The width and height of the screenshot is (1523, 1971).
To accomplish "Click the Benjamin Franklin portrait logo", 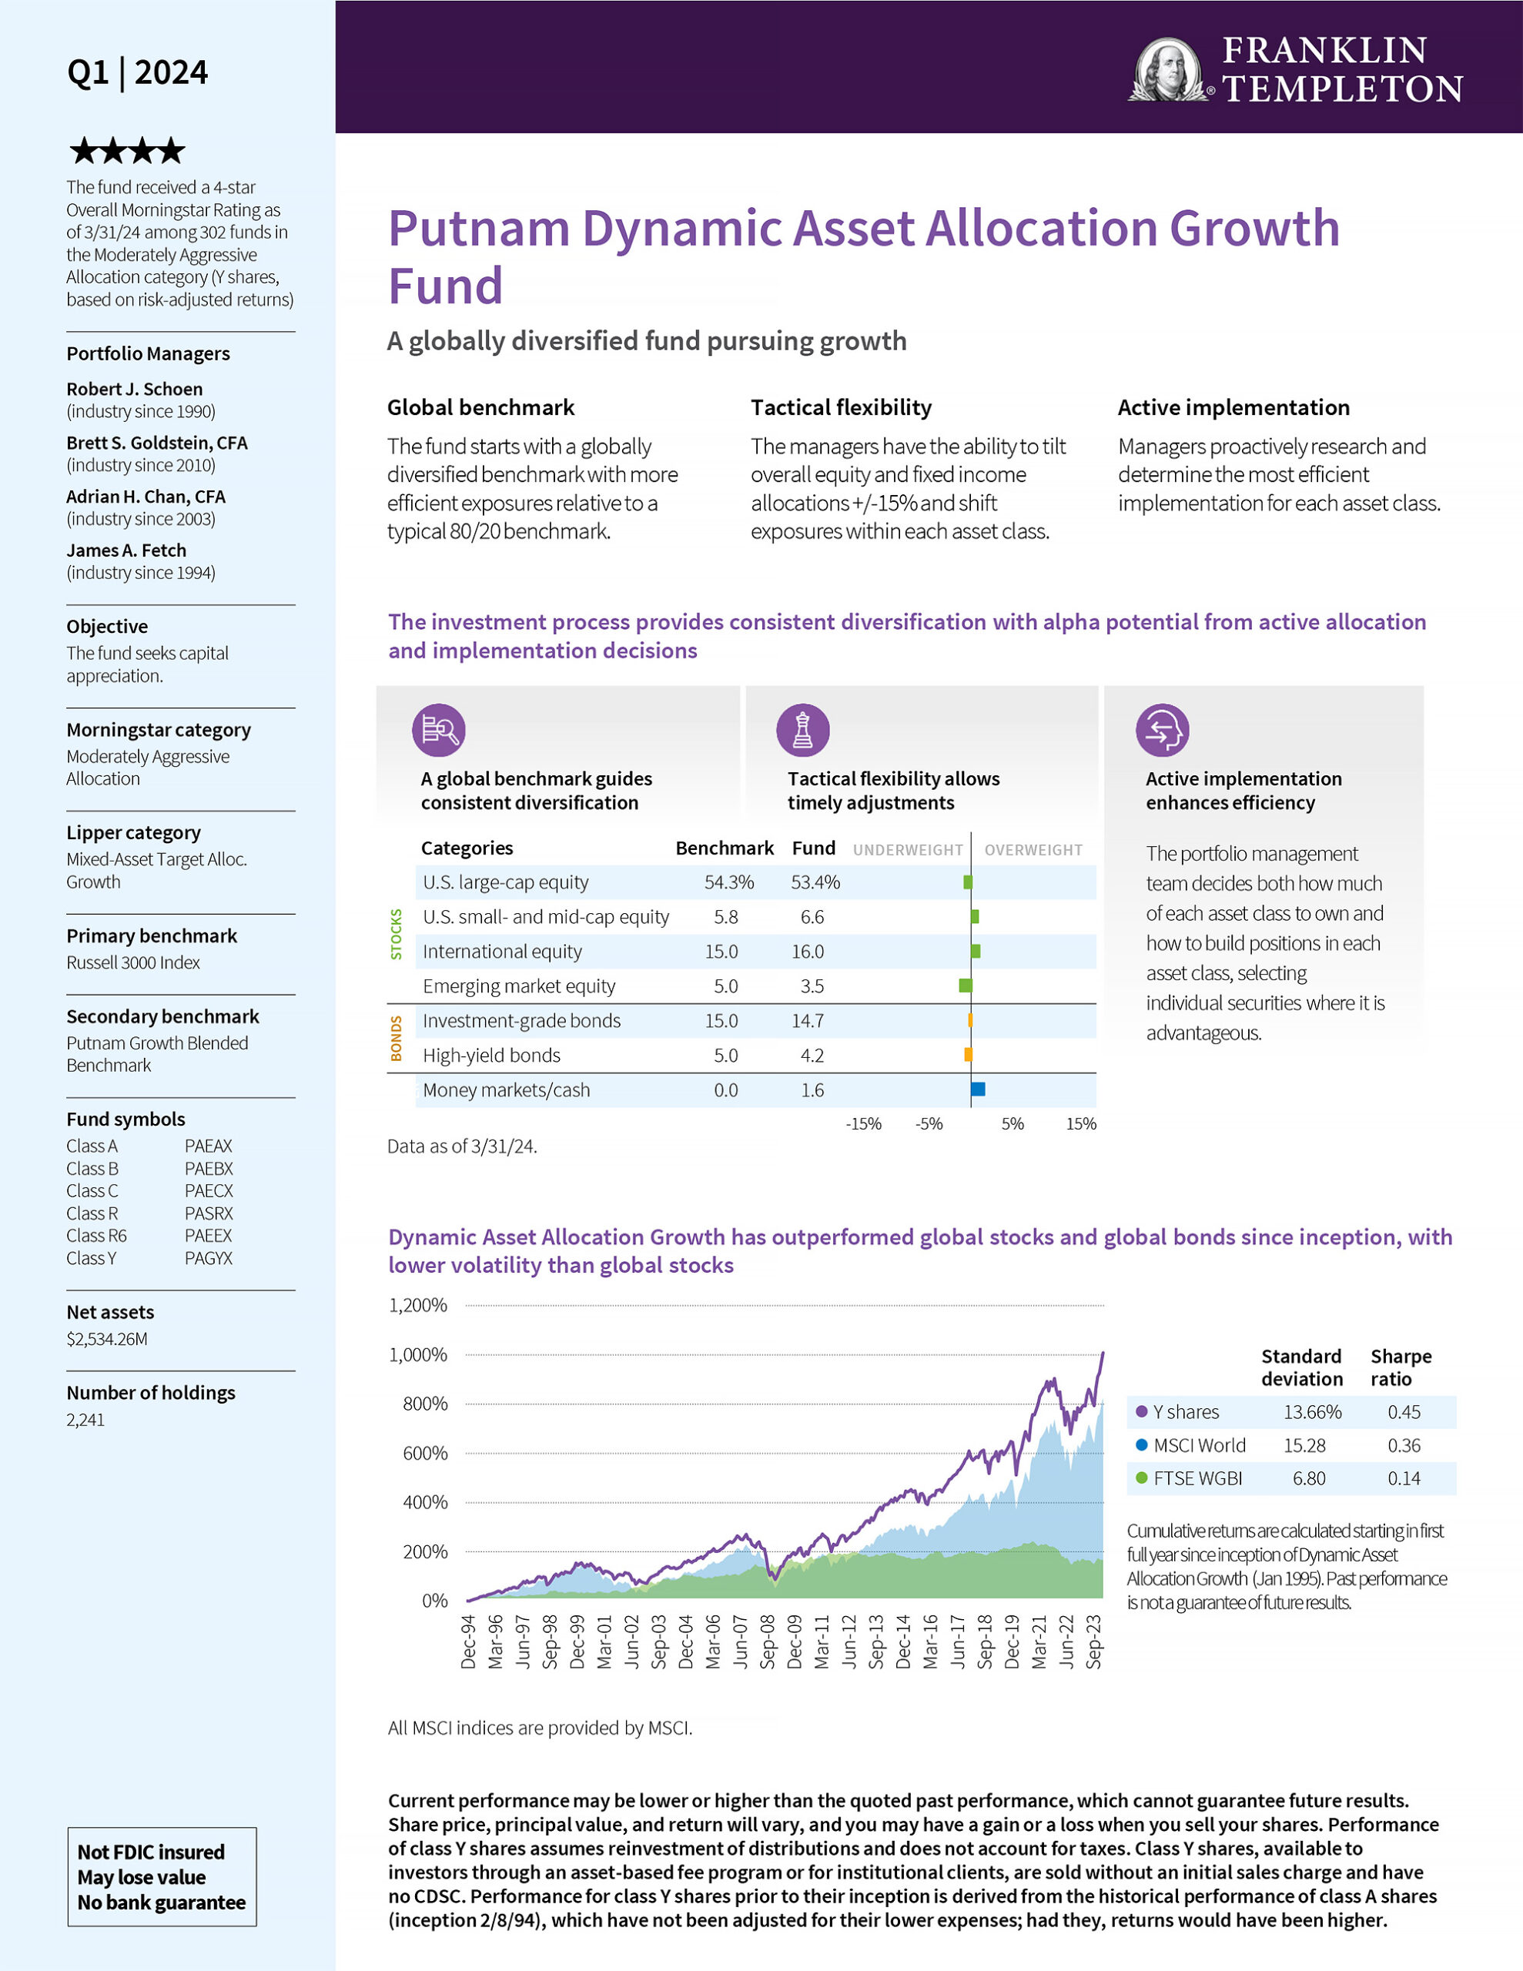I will tap(1168, 69).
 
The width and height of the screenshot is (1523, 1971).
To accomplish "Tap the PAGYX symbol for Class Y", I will tap(209, 1258).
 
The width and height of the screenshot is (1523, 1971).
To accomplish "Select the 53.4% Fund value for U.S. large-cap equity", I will tap(815, 882).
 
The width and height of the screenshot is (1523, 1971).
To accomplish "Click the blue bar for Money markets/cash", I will tap(978, 1090).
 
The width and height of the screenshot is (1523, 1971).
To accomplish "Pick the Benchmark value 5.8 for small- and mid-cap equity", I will tap(725, 917).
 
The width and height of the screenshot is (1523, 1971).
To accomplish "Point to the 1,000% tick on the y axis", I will tap(418, 1354).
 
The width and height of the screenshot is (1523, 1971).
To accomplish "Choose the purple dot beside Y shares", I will tap(1142, 1411).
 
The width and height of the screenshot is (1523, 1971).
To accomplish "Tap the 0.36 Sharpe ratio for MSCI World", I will tap(1404, 1446).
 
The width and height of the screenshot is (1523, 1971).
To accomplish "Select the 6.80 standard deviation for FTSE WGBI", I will tap(1308, 1478).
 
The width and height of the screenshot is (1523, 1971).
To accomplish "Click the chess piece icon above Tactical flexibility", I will tap(802, 730).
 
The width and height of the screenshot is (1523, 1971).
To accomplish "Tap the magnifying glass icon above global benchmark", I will tap(439, 730).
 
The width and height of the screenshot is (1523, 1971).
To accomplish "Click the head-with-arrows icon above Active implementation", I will tap(1162, 730).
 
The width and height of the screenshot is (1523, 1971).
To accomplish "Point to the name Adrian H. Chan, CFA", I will tap(146, 497).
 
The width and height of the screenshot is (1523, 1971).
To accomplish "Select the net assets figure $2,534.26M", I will tap(106, 1339).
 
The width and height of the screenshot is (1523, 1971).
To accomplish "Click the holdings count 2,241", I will tap(85, 1420).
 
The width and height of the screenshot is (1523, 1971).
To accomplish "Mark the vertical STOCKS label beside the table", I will tap(396, 934).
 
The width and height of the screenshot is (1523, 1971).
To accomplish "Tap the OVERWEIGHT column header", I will tap(1033, 850).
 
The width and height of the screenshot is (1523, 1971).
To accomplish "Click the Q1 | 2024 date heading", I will tap(137, 72).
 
